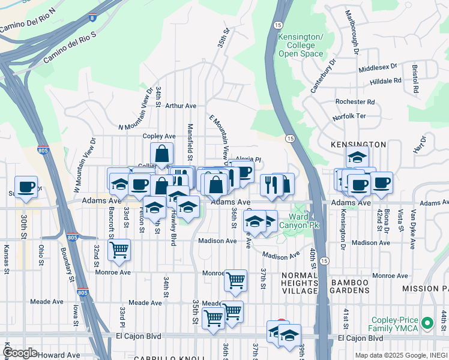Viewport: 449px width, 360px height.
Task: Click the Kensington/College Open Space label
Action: coord(301,46)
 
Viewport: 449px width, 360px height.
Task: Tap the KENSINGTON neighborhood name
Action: coord(358,145)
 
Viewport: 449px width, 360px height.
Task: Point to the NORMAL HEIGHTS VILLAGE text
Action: coord(299,283)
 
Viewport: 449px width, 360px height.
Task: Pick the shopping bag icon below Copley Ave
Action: coord(161,154)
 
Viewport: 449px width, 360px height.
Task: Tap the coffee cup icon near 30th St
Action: coord(26,187)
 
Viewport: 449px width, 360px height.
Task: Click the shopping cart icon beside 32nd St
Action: coord(119,248)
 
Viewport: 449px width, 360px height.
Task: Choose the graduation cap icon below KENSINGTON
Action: coord(357,157)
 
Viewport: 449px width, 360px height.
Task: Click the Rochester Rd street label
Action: coord(355,102)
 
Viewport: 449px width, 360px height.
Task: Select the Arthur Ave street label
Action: coord(181,106)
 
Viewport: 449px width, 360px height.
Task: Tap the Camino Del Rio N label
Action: coord(27,23)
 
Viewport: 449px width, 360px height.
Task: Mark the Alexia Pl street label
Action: coord(248,160)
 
